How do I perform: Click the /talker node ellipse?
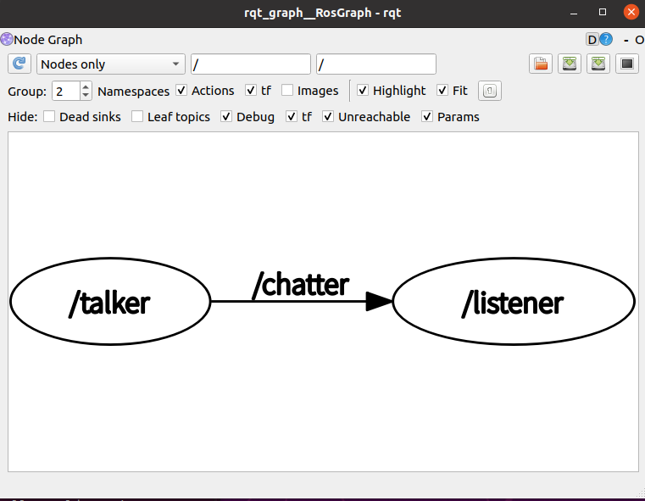109,302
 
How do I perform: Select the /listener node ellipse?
514,302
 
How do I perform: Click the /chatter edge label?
300,285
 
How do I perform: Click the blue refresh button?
20,64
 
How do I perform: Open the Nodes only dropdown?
111,64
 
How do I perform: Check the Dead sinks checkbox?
49,117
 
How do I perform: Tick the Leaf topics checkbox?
137,117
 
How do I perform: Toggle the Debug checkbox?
226,117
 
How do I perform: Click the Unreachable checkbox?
328,117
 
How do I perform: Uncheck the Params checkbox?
427,117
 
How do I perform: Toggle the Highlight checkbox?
363,91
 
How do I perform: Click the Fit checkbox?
442,91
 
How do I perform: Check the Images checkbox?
287,91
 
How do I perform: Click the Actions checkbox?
181,91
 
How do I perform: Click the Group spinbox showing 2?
66,91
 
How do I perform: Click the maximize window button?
603,11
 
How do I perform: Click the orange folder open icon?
541,64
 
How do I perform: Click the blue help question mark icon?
606,40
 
